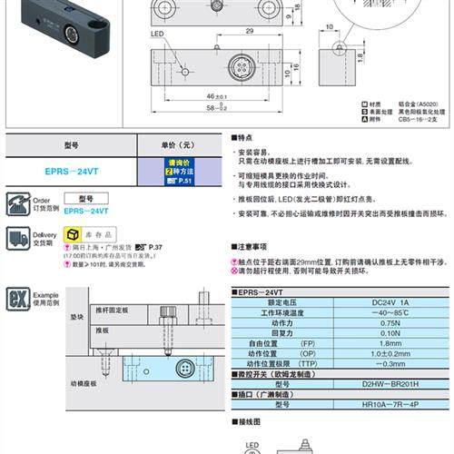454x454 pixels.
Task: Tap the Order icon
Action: tap(18, 202)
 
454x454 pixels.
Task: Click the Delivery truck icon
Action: tap(18, 239)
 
